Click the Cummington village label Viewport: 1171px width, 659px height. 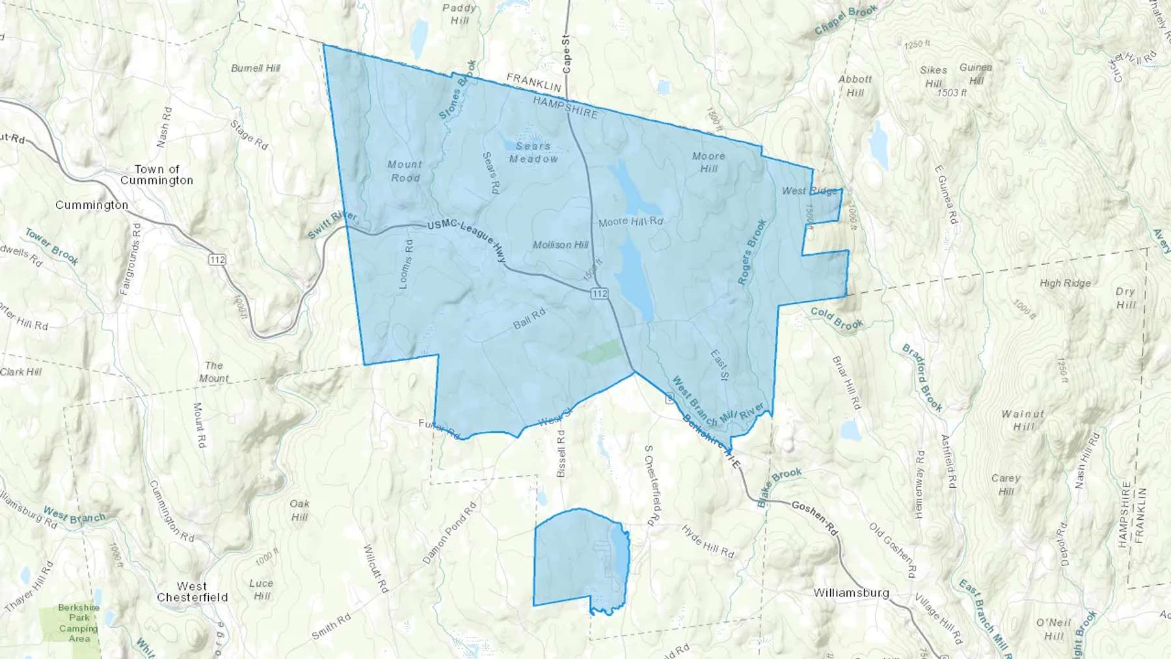(92, 205)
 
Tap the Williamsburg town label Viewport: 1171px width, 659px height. (851, 593)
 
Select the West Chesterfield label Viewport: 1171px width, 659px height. (192, 592)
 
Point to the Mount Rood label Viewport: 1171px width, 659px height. (405, 171)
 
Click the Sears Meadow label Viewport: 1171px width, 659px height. (533, 152)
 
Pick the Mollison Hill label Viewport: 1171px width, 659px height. (560, 245)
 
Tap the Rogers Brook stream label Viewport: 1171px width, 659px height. (752, 252)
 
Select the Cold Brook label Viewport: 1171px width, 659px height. (837, 319)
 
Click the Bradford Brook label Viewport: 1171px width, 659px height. (922, 378)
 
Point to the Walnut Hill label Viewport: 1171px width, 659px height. (1023, 420)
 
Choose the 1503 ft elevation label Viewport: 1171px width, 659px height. (952, 93)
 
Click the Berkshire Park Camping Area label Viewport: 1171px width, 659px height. (79, 623)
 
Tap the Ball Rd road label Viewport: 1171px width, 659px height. (529, 319)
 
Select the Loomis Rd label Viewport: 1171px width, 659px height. (405, 264)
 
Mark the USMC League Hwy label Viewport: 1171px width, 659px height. (467, 239)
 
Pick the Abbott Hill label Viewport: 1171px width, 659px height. (855, 86)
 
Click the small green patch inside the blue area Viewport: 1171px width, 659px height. (599, 351)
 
